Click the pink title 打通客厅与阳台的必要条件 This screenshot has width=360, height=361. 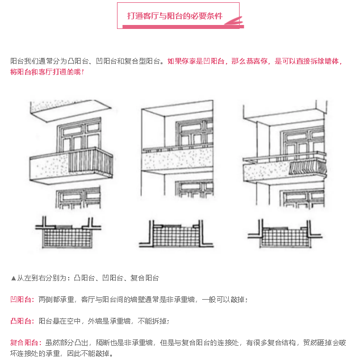coord(175,16)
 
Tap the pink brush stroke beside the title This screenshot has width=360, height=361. coord(234,21)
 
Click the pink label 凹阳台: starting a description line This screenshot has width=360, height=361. coord(22,300)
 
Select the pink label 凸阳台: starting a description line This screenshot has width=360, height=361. coord(22,321)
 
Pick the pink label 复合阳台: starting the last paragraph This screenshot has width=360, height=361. coord(26,343)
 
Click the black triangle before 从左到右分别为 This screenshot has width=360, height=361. coord(14,279)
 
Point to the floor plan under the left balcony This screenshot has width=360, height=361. coord(68,233)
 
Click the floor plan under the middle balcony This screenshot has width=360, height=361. coord(176,234)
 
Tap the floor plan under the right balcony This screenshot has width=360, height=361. coord(285,233)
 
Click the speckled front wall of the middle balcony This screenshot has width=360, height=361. coord(177,159)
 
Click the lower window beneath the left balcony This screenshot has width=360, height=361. coord(78,198)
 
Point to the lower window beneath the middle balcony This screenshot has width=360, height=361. coord(194,189)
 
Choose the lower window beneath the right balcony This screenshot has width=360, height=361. coord(302,199)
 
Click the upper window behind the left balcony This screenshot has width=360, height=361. coord(79,135)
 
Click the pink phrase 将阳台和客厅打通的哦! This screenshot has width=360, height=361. coord(47,72)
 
